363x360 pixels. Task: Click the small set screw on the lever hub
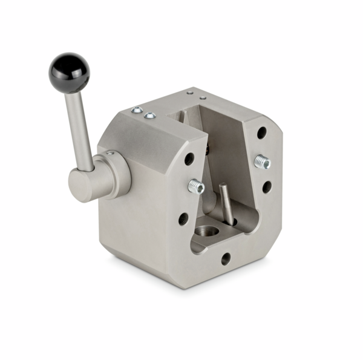click(110, 154)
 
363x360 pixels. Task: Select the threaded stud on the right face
click(262, 162)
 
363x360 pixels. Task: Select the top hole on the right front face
click(261, 132)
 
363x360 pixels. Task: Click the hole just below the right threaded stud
click(267, 187)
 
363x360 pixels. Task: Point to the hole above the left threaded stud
click(189, 159)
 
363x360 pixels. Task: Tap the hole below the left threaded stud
click(183, 219)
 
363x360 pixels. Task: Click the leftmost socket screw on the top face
click(137, 110)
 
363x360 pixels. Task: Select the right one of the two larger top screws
click(151, 115)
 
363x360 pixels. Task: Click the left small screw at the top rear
click(190, 93)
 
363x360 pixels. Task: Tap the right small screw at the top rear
click(203, 96)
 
